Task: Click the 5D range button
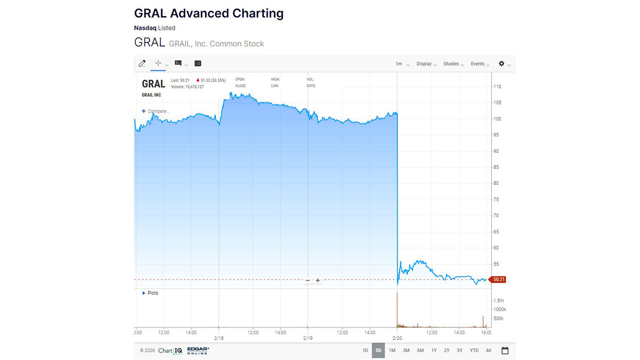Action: click(x=378, y=350)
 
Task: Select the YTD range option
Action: click(x=474, y=350)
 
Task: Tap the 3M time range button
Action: click(x=406, y=350)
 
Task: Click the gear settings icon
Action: click(x=501, y=63)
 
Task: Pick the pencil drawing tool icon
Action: click(x=142, y=63)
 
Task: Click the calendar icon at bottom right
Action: click(x=505, y=350)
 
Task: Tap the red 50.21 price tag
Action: click(x=498, y=279)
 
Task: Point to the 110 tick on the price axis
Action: click(x=497, y=86)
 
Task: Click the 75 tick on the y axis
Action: click(x=496, y=199)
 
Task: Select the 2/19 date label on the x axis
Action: click(x=307, y=338)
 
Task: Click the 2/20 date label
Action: click(x=397, y=338)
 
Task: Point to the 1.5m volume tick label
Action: click(x=498, y=300)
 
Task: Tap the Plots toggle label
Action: click(x=152, y=293)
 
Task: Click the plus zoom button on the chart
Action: click(x=317, y=280)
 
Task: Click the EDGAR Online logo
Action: click(x=198, y=350)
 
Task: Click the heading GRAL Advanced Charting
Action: click(x=208, y=13)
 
